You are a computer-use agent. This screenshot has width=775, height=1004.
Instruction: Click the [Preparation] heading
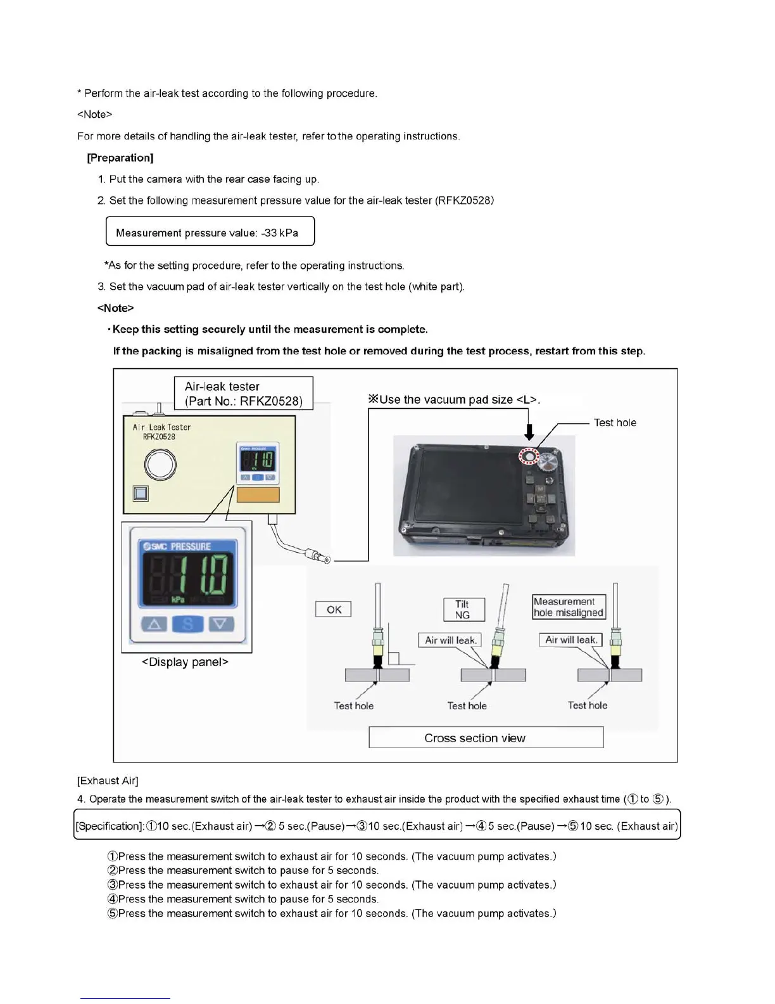(x=120, y=158)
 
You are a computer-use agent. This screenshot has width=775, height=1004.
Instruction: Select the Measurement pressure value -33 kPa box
(x=210, y=231)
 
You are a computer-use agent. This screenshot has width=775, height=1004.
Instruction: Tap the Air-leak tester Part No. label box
(x=243, y=394)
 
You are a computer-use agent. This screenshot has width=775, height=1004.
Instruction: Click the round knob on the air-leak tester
(x=160, y=465)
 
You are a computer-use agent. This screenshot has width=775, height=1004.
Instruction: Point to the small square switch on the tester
(x=141, y=493)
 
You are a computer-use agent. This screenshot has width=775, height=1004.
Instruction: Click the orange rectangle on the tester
(x=258, y=494)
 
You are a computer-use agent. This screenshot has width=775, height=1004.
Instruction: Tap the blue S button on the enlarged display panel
(x=187, y=624)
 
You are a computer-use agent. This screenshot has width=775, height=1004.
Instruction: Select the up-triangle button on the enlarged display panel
(x=154, y=624)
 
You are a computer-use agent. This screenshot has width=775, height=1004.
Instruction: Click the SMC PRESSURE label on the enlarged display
(x=178, y=546)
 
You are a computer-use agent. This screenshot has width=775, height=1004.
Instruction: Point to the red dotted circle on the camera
(x=528, y=456)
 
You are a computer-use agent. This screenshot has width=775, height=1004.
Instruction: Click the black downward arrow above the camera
(x=529, y=432)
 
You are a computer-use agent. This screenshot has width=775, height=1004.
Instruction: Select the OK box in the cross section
(x=334, y=609)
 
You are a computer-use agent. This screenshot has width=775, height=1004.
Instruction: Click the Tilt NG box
(x=463, y=609)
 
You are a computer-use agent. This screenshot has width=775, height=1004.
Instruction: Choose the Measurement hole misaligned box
(x=569, y=607)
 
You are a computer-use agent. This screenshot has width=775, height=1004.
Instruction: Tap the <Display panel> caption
(x=185, y=662)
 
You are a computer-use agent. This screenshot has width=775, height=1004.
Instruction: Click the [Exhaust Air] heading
(x=108, y=780)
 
